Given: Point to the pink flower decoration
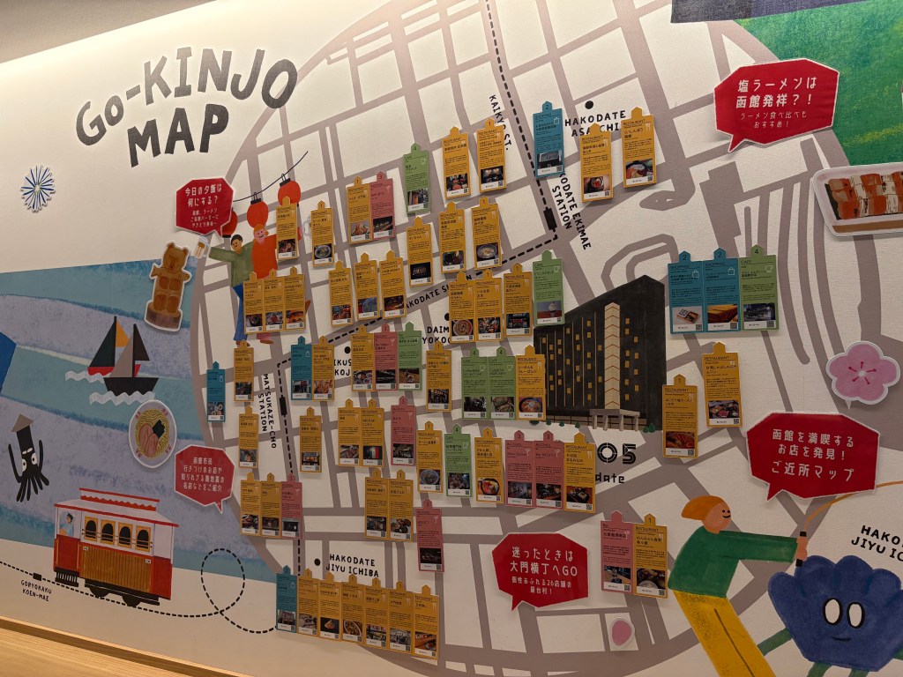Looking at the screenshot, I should click(x=862, y=372).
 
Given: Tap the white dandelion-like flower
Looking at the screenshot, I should click(x=38, y=188).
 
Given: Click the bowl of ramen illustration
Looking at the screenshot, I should click(x=153, y=433).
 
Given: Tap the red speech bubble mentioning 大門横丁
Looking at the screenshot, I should click(x=540, y=569).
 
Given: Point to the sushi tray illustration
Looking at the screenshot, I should click(x=861, y=199).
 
